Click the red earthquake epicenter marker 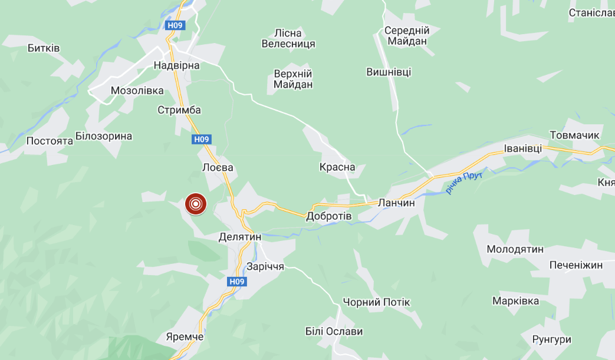click(196, 204)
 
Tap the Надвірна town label click(176, 65)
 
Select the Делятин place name click(239, 237)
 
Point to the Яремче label click(185, 336)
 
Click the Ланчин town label click(397, 202)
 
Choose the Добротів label click(328, 216)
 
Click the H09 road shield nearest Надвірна click(175, 25)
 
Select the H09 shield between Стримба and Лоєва click(201, 139)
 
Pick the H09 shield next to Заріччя click(236, 282)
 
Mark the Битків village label click(44, 48)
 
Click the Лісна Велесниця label click(288, 38)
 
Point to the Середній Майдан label click(407, 35)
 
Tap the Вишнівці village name click(389, 72)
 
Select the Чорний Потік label click(376, 302)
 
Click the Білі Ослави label click(334, 331)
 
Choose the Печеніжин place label click(576, 265)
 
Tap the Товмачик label click(574, 136)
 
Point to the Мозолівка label click(137, 91)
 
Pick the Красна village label click(337, 167)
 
